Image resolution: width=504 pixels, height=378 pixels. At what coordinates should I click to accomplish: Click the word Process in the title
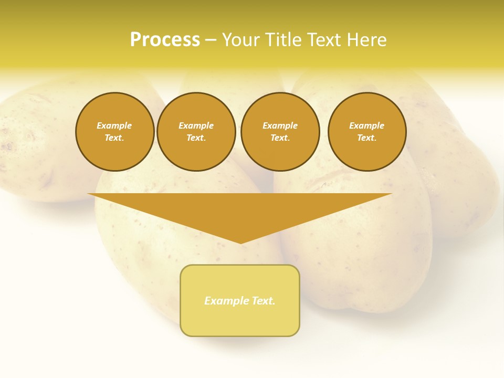click(x=165, y=40)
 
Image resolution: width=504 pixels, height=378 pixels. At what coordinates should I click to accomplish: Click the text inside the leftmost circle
click(x=114, y=132)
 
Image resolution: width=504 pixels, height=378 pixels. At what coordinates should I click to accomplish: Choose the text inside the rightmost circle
click(x=367, y=132)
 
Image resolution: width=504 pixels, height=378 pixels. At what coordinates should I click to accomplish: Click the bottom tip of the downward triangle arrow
click(x=240, y=243)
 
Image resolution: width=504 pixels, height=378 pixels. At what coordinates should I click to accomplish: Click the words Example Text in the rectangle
click(x=240, y=301)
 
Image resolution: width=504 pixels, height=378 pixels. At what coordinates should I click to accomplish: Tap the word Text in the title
click(x=322, y=40)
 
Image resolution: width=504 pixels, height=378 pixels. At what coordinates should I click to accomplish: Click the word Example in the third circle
click(x=280, y=125)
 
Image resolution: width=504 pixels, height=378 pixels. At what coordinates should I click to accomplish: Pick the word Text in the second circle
click(x=196, y=138)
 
